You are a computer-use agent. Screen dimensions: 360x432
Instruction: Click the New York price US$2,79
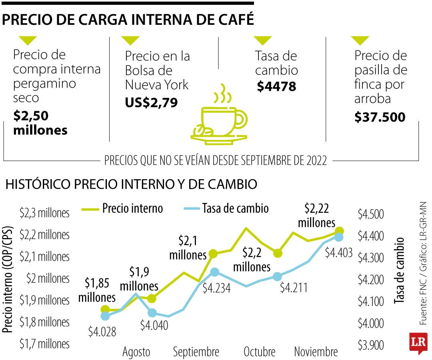[151, 102]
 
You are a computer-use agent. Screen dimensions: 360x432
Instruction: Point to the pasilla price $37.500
[380, 117]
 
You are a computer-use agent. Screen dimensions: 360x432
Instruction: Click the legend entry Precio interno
[132, 208]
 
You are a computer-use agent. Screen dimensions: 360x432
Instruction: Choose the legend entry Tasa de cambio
[235, 208]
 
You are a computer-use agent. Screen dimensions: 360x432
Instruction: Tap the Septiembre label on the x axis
[196, 352]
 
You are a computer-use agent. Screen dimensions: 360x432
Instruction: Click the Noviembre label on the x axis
[316, 352]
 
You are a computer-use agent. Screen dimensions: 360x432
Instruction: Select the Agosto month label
[136, 352]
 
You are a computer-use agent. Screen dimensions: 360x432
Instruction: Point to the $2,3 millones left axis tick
[44, 213]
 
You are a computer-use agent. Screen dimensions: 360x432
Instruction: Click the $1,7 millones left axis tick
[44, 344]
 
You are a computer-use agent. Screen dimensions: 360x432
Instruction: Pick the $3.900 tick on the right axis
[370, 345]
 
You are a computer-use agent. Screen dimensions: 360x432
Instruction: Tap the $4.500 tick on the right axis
[370, 214]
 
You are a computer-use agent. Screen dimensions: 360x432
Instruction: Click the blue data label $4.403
[338, 252]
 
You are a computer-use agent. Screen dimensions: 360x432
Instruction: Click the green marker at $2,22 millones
[339, 231]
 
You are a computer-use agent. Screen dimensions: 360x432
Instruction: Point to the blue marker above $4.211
[278, 276]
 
